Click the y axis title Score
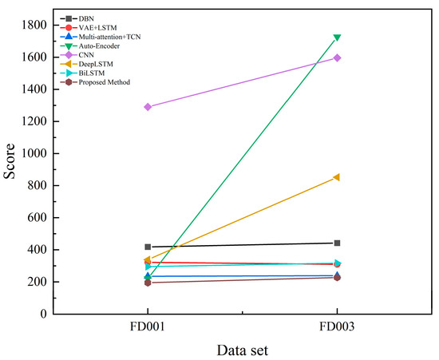(x=12, y=170)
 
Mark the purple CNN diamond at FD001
(x=148, y=107)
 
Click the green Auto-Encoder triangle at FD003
(x=337, y=38)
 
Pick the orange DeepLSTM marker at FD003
(x=337, y=177)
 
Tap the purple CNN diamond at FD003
(x=337, y=58)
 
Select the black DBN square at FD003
(x=337, y=243)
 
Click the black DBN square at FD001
(x=148, y=247)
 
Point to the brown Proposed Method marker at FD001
(x=148, y=283)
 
